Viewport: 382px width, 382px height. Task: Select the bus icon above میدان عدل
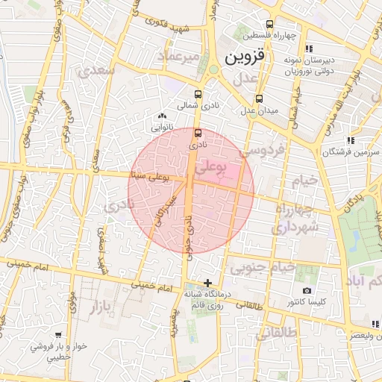pyautogui.click(x=259, y=98)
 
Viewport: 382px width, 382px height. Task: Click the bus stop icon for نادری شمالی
pyautogui.click(x=198, y=95)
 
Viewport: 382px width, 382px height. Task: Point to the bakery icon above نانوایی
pyautogui.click(x=163, y=116)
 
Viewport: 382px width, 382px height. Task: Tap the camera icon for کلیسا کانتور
pyautogui.click(x=306, y=290)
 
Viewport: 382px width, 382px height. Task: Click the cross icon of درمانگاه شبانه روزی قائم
pyautogui.click(x=207, y=283)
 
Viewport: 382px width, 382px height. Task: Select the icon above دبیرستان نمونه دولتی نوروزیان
pyautogui.click(x=310, y=49)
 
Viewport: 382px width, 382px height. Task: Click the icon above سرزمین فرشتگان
pyautogui.click(x=349, y=140)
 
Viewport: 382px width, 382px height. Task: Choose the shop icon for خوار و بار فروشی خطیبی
pyautogui.click(x=58, y=336)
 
